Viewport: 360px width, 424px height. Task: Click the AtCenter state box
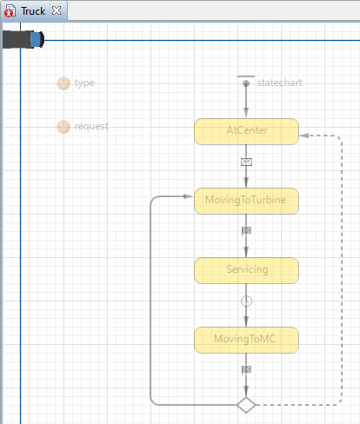[x=246, y=131]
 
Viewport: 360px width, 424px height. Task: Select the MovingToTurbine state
[x=246, y=201]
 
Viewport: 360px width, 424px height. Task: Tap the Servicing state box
[x=246, y=270]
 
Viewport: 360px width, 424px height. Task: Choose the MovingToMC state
[x=246, y=340]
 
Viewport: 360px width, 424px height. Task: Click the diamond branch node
[x=246, y=405]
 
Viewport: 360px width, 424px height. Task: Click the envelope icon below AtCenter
[x=246, y=162]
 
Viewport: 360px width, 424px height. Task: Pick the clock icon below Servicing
[x=246, y=301]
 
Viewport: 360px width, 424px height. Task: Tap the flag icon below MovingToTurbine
[x=246, y=231]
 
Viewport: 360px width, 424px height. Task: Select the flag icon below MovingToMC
[x=246, y=370]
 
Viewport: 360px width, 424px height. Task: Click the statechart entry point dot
[x=246, y=83]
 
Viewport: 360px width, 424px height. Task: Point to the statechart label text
[x=279, y=83]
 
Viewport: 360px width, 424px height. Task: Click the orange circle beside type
[x=63, y=83]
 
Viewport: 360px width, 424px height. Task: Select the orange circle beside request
[x=63, y=127]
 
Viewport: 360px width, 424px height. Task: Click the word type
[x=84, y=83]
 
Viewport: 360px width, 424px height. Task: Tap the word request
[x=91, y=126]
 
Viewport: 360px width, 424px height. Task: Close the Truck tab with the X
[x=57, y=10]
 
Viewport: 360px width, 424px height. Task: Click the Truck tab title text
[x=33, y=11]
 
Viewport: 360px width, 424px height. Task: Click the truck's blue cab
[x=37, y=40]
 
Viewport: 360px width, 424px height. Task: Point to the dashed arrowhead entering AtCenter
[x=304, y=136]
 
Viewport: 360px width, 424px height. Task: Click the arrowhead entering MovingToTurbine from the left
[x=189, y=196]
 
